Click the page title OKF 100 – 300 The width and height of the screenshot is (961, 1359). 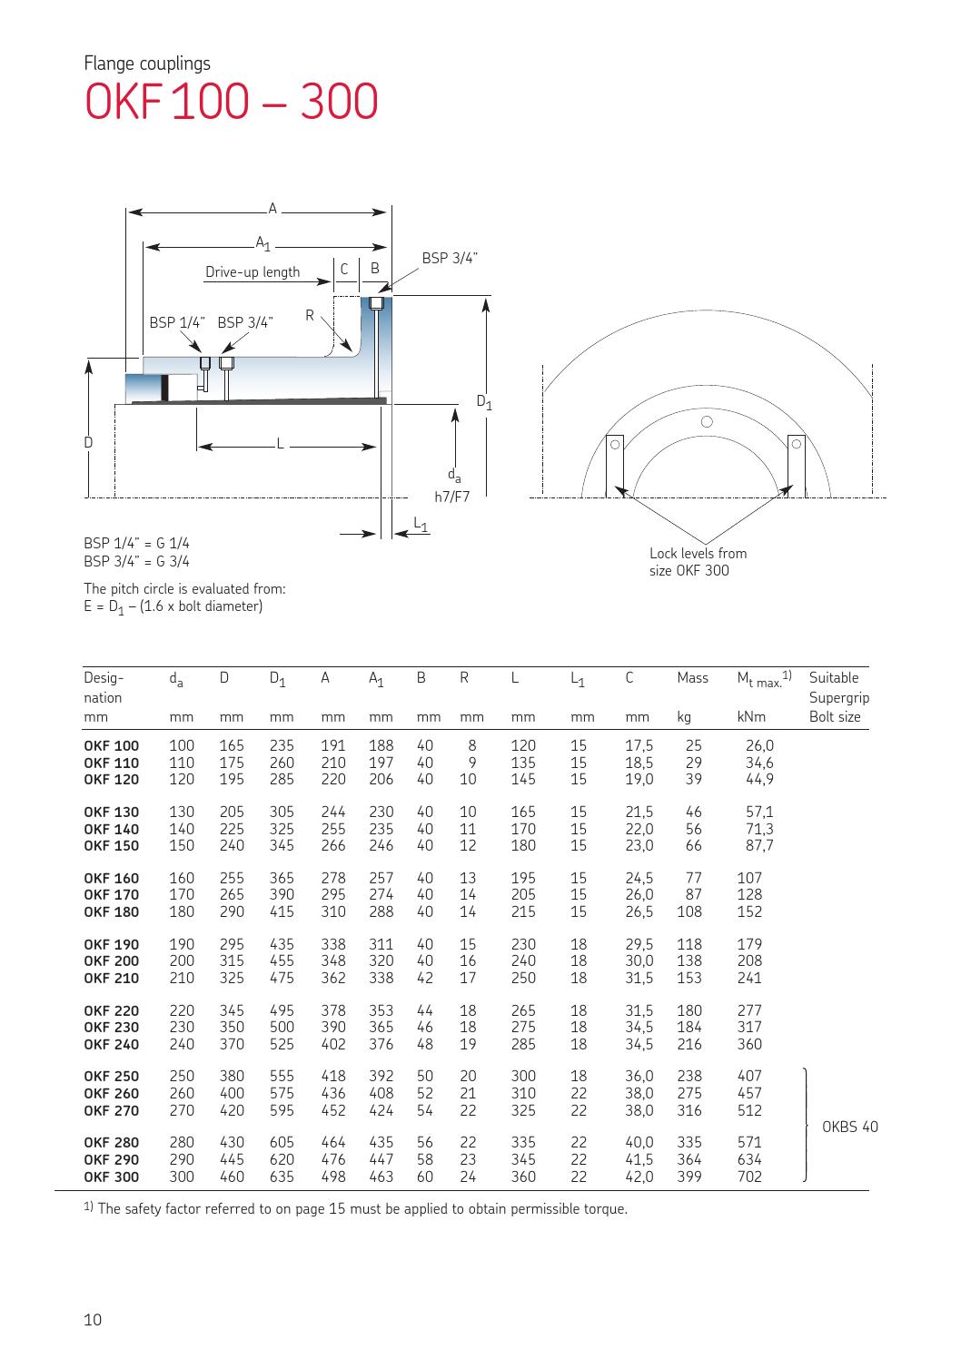[x=231, y=103]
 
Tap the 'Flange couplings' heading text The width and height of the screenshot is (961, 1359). [x=147, y=64]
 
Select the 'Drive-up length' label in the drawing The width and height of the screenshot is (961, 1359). [x=253, y=272]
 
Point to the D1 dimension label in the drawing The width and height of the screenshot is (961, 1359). [x=485, y=401]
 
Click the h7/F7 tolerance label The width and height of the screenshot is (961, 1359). [x=451, y=497]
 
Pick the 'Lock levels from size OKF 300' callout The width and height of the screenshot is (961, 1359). [x=698, y=562]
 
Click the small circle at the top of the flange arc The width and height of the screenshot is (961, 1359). [x=706, y=421]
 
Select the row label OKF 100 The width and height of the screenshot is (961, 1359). [x=111, y=746]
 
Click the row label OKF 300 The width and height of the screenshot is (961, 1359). [x=111, y=1177]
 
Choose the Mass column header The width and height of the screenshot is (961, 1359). [x=692, y=678]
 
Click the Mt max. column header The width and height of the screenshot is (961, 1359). [x=765, y=678]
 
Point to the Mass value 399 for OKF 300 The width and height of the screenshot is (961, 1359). [x=692, y=1177]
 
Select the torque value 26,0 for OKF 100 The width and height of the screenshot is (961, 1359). [x=759, y=746]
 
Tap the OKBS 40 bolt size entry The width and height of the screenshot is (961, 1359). [x=849, y=1128]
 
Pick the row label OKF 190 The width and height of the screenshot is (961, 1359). [x=111, y=945]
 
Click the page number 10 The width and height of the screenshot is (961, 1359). [x=93, y=1320]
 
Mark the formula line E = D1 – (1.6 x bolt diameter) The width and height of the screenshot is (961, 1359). [x=173, y=606]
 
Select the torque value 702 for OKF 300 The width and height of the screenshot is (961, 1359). [x=750, y=1177]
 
